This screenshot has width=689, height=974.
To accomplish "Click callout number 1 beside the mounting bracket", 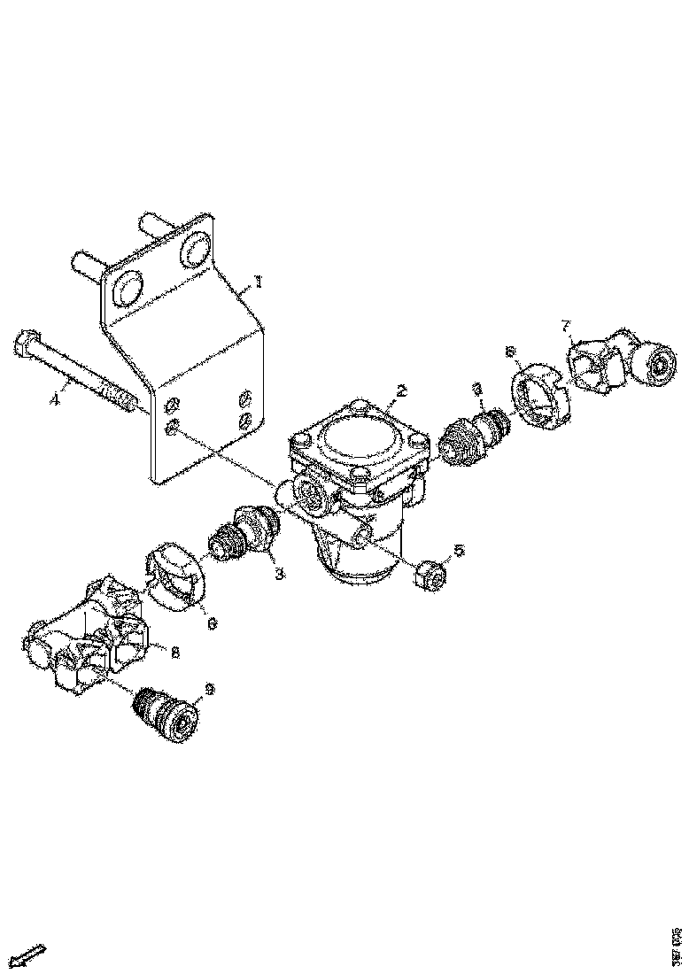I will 258,282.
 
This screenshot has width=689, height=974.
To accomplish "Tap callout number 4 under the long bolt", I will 55,399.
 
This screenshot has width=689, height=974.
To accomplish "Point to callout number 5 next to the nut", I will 458,551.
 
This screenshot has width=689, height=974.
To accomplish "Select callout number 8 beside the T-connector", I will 175,653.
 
